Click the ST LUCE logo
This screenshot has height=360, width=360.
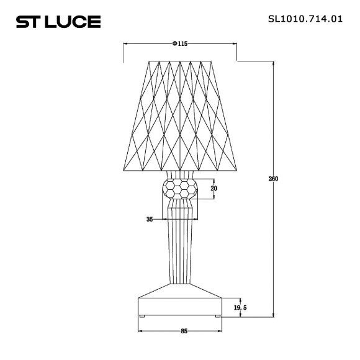coord(57,23)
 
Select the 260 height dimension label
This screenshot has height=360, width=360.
coord(273,179)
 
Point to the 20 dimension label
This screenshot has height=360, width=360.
coord(214,189)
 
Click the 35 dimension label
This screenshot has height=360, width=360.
coord(150,219)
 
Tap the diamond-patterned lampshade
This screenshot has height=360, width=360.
coord(180,115)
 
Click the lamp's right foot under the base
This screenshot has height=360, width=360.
coord(217,317)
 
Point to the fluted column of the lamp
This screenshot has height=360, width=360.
coord(180,248)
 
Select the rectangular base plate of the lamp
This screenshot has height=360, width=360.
coord(180,307)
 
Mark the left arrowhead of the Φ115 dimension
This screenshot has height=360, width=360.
coord(127,44)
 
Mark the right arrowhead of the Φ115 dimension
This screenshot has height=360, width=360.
coord(234,44)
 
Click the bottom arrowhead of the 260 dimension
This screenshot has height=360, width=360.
coord(274,315)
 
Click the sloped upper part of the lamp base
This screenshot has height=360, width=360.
coord(180,290)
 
